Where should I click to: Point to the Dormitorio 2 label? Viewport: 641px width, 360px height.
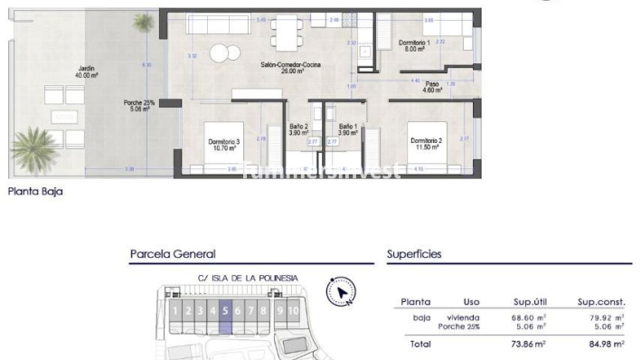tap(425, 144)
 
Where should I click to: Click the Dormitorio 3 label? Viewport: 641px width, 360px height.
tap(224, 146)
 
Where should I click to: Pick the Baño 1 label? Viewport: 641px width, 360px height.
tap(348, 129)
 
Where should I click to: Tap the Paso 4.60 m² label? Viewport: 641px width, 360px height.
tap(433, 87)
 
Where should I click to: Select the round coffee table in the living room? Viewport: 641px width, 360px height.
tap(219, 51)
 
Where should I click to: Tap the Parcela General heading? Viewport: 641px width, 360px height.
tap(172, 255)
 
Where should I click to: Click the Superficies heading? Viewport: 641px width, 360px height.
tap(414, 255)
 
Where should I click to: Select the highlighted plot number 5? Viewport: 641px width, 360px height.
tap(225, 312)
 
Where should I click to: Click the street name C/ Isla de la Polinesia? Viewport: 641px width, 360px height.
tap(234, 278)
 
